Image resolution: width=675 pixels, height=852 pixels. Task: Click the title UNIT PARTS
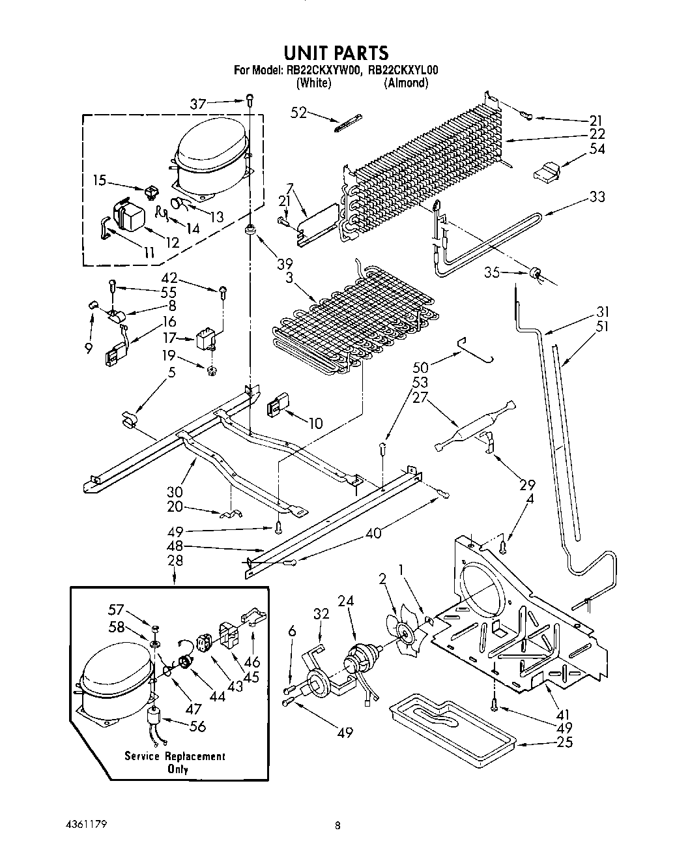[337, 51]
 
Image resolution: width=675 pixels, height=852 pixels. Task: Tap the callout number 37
[198, 104]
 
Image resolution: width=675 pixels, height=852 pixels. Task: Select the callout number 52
[298, 113]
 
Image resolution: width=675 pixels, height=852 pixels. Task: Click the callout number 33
[597, 197]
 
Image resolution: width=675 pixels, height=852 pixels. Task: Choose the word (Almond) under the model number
[406, 83]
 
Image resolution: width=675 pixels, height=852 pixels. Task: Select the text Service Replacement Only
[175, 763]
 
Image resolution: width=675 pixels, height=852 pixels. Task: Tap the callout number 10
[315, 424]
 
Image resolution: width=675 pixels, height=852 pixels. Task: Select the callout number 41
[559, 703]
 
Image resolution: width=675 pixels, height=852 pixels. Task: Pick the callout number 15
[100, 181]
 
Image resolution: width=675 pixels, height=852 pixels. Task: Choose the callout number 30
[175, 492]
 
